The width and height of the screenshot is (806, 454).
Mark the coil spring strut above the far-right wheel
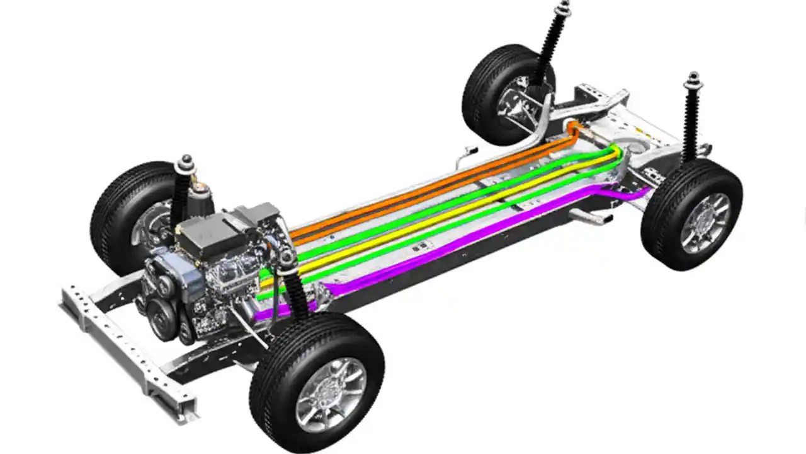(x=691, y=120)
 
